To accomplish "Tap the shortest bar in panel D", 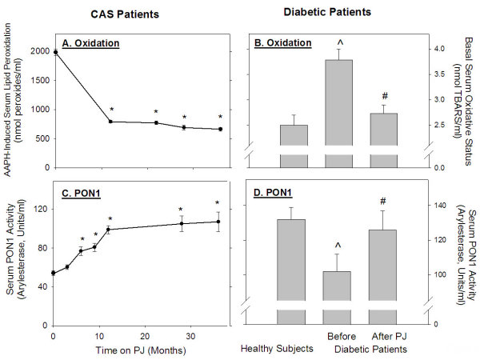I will [x=340, y=296].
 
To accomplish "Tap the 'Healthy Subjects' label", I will [x=277, y=348].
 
